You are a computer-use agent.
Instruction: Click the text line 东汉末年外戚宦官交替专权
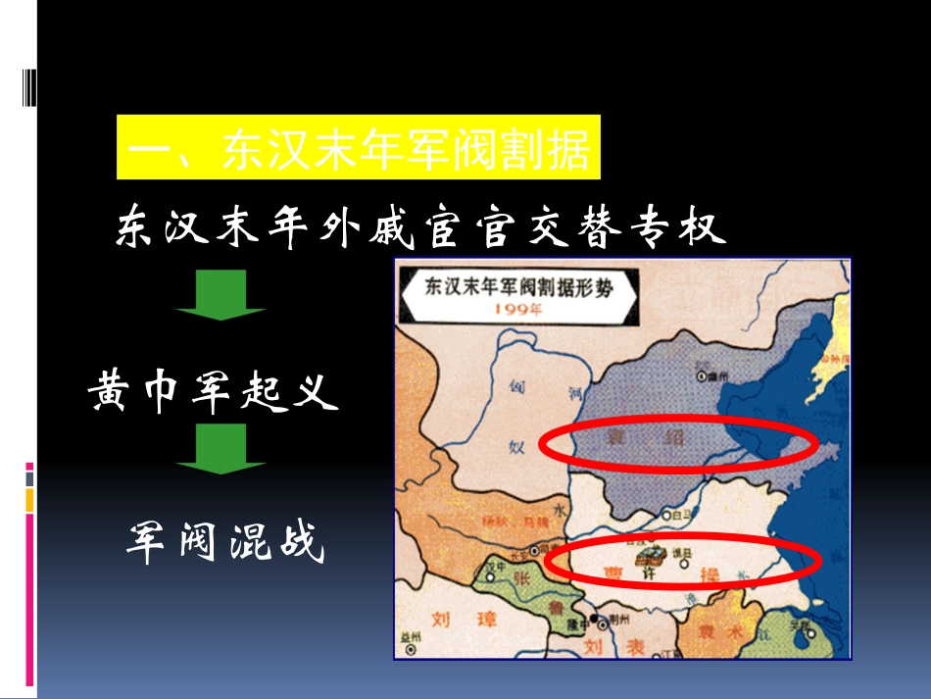point(421,227)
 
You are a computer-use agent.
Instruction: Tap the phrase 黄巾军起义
point(214,392)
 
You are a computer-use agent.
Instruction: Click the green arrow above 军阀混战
point(221,449)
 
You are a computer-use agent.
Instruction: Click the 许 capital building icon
point(648,555)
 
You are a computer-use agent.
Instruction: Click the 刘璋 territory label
point(465,619)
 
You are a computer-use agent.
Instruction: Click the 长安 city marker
point(535,549)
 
